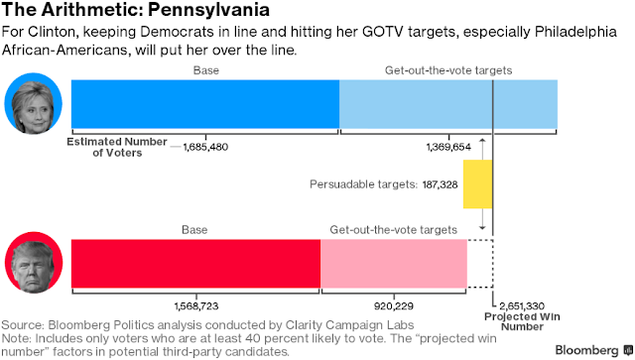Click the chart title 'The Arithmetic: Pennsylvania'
[x=136, y=9]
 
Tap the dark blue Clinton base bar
[x=205, y=104]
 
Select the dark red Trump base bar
[x=196, y=264]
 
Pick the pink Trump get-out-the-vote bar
[x=394, y=264]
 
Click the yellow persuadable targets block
[x=478, y=184]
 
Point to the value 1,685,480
[x=205, y=147]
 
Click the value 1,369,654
[x=448, y=147]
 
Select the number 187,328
[x=440, y=184]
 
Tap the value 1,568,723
[x=196, y=306]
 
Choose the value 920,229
[x=394, y=306]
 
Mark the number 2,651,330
[x=522, y=306]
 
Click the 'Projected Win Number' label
[x=522, y=321]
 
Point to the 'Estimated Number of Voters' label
[x=117, y=147]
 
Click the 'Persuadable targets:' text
[x=363, y=184]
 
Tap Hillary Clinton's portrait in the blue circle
[x=33, y=104]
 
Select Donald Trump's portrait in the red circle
[x=34, y=263]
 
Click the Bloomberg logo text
[x=586, y=350]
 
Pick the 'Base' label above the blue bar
[x=205, y=70]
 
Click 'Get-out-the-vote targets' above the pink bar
[x=393, y=230]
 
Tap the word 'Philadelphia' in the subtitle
[x=575, y=32]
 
